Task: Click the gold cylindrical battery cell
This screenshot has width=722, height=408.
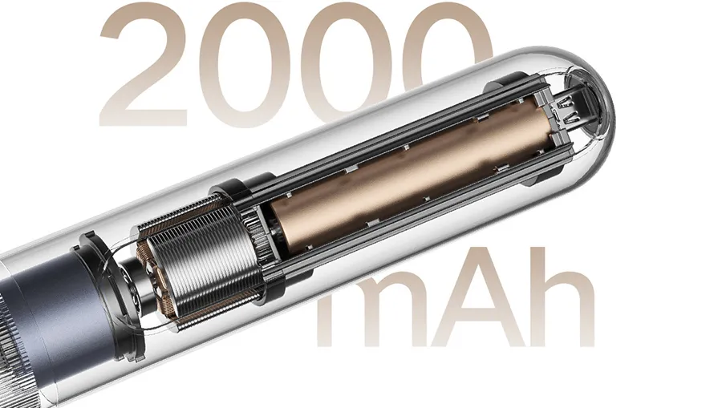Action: [x=410, y=176]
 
